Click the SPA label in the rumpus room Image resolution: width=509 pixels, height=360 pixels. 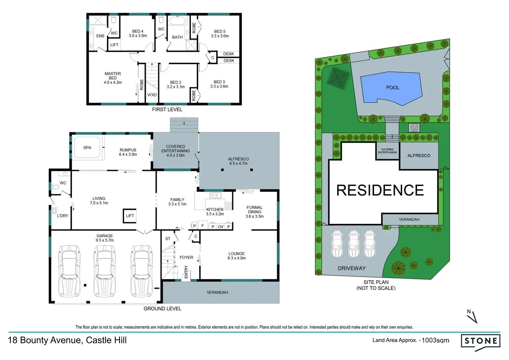(x=87, y=148)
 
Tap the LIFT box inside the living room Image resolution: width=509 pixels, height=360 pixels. (x=130, y=216)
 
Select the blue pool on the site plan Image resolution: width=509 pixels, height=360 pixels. (x=392, y=88)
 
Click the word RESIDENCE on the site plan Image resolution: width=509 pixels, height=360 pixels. (x=380, y=190)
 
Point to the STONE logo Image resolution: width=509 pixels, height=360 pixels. (x=481, y=341)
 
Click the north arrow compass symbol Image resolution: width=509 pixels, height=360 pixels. (x=472, y=316)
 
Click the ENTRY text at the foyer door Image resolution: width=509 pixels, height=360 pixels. (x=186, y=272)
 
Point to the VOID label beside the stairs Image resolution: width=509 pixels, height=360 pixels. (x=152, y=95)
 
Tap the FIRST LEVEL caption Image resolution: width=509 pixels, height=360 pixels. (x=167, y=110)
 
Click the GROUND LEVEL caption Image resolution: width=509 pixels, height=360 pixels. (x=163, y=309)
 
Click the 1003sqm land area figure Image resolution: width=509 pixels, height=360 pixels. (x=435, y=340)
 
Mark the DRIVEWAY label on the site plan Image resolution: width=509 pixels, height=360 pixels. (x=352, y=268)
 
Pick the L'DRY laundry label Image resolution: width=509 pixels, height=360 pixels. (x=63, y=216)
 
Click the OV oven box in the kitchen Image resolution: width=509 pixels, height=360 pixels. (x=221, y=227)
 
